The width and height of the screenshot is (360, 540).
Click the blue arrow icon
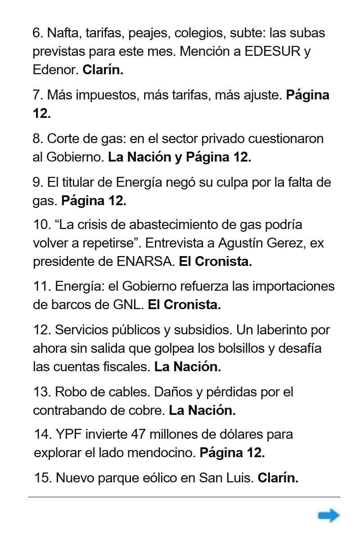(329, 516)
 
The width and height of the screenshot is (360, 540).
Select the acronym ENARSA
(145, 261)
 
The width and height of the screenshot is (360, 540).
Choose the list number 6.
(37, 33)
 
